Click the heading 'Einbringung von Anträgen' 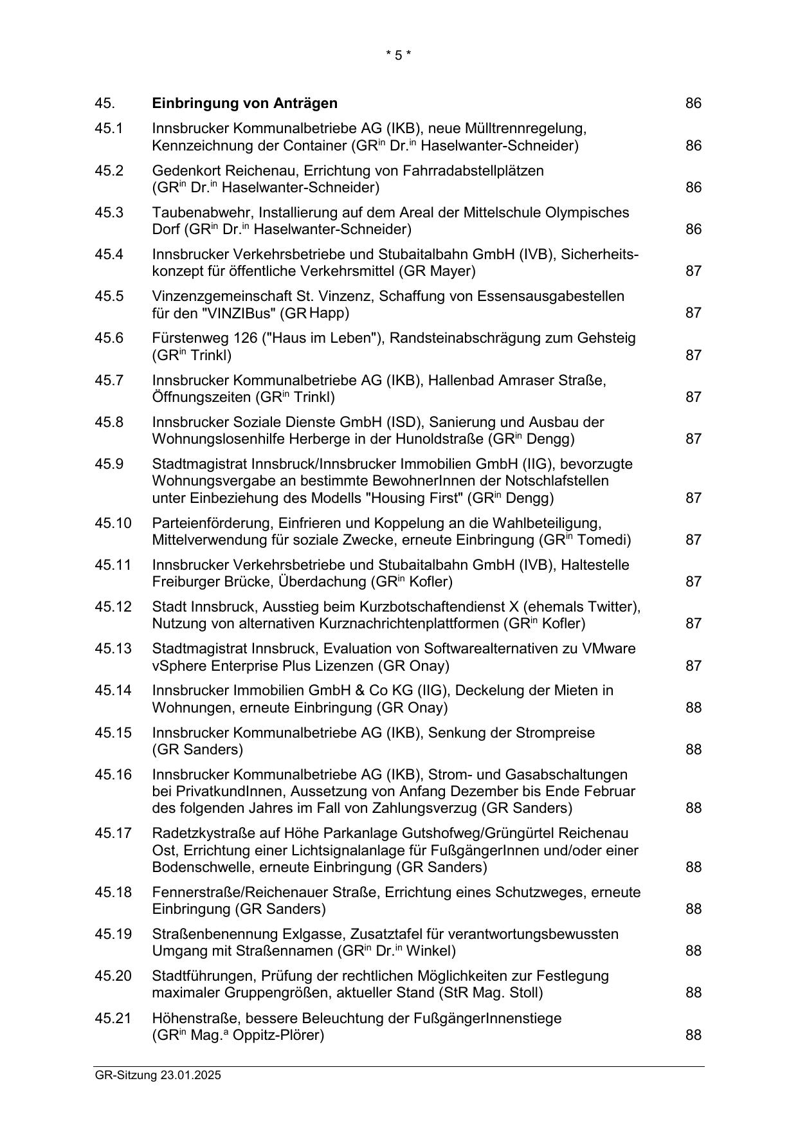coord(244,104)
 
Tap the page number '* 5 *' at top coord(398,55)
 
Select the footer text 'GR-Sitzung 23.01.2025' coord(158,1075)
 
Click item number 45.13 coord(113,649)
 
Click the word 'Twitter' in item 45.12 coord(613,607)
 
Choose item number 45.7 coord(109,381)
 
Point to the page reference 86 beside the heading coord(693,104)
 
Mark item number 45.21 coord(113,1019)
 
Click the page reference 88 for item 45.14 coord(693,708)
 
